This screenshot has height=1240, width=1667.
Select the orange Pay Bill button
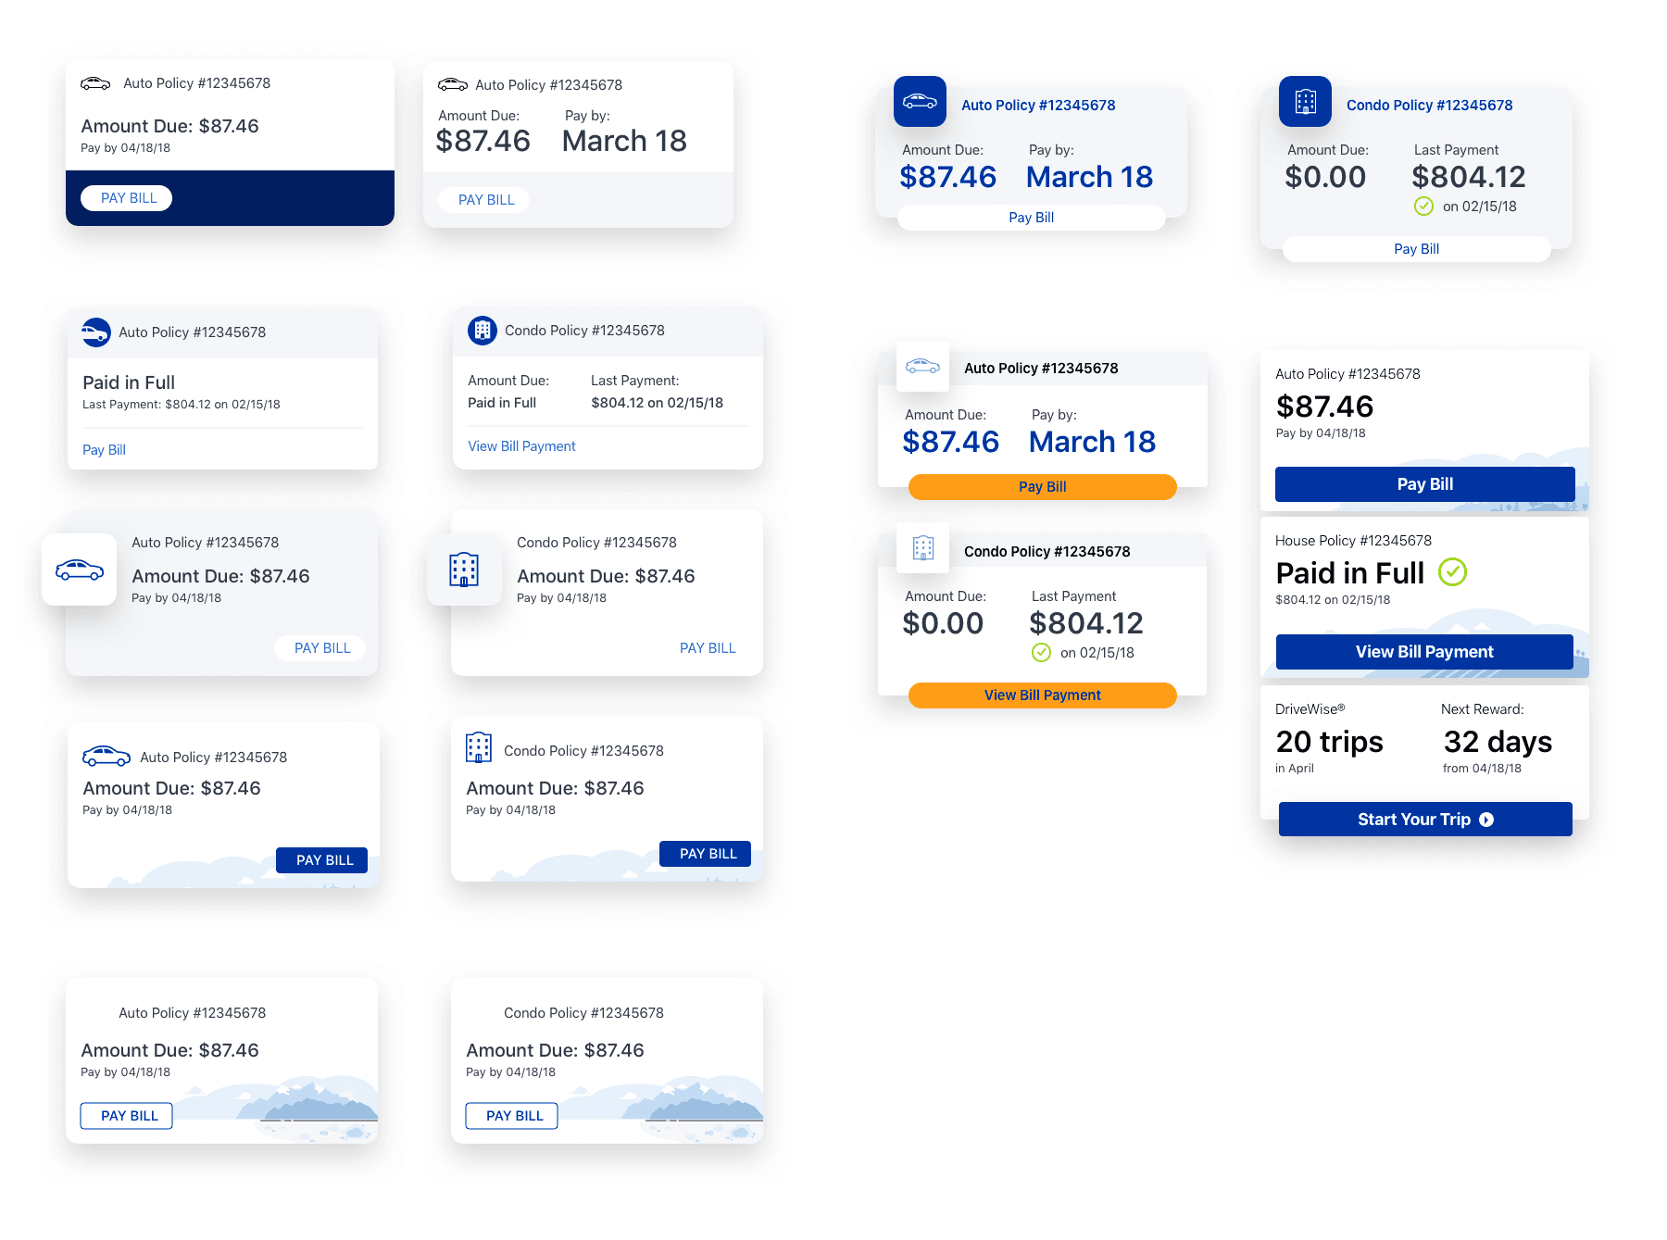(1042, 487)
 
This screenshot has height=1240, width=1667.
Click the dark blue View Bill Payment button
(1424, 652)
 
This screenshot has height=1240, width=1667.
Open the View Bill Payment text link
(521, 446)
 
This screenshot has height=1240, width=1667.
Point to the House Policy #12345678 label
(1353, 541)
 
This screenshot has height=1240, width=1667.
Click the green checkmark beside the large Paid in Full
(1452, 572)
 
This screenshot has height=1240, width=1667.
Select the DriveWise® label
(1310, 709)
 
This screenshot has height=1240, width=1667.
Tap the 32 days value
(1498, 742)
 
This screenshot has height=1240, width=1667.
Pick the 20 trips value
(1329, 742)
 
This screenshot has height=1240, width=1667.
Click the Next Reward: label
(1482, 709)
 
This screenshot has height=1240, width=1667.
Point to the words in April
(1294, 769)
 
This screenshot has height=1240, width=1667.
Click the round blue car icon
(96, 332)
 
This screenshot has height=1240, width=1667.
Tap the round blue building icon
(483, 331)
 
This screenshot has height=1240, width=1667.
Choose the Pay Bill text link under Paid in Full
(104, 450)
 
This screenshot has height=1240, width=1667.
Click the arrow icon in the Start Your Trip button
(1486, 820)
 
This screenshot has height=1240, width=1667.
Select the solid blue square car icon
(920, 101)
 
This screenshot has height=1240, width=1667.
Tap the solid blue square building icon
(1305, 101)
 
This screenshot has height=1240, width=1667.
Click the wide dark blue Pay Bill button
(1424, 484)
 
